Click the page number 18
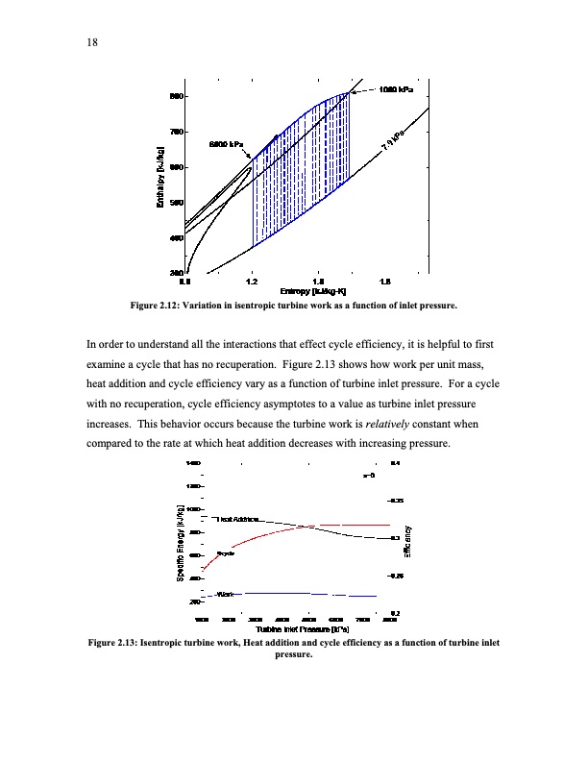coord(93,41)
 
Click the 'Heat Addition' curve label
coord(241,519)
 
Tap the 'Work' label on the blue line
coord(226,594)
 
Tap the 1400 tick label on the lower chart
coord(194,464)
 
